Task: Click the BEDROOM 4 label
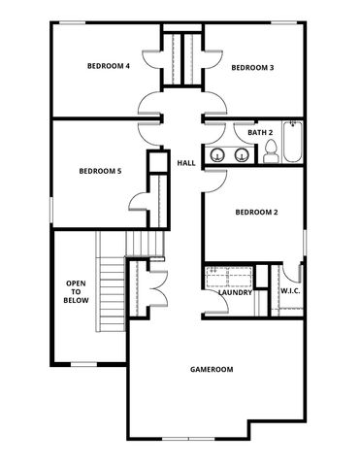(x=108, y=67)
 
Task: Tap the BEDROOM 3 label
(x=252, y=67)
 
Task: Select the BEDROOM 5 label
(x=100, y=171)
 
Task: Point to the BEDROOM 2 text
(x=257, y=213)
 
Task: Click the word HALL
(x=186, y=162)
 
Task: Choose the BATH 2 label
(x=260, y=132)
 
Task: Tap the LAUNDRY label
(x=236, y=293)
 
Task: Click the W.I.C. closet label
(x=289, y=292)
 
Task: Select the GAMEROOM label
(x=212, y=370)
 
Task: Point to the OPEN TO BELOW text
(x=77, y=292)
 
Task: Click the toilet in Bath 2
(x=271, y=151)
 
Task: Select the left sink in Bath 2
(x=222, y=153)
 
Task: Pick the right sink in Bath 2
(x=240, y=153)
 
